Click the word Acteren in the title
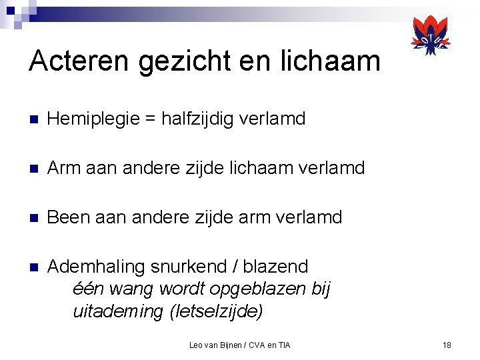pyautogui.click(x=79, y=61)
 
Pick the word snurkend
pyautogui.click(x=189, y=267)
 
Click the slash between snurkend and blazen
pyautogui.click(x=234, y=267)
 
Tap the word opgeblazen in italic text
pyautogui.click(x=256, y=289)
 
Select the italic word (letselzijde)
pyautogui.click(x=217, y=311)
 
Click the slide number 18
pyautogui.click(x=447, y=345)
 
